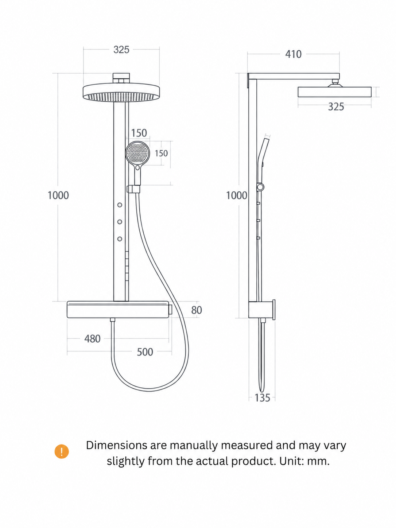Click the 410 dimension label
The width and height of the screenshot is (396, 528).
click(293, 54)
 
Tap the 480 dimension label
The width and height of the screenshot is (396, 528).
click(92, 339)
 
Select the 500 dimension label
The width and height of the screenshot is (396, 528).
click(145, 352)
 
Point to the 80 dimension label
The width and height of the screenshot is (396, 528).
click(197, 310)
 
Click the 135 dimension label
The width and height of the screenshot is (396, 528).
click(262, 397)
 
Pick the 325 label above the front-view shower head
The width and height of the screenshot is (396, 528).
click(121, 50)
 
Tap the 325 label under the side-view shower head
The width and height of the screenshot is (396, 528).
click(336, 106)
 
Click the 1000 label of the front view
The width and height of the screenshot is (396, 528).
click(58, 195)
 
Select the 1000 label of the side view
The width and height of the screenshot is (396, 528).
click(237, 195)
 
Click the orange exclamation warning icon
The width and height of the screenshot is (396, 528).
click(62, 451)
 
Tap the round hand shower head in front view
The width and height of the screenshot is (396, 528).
click(137, 153)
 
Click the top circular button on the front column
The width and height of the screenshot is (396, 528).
click(120, 205)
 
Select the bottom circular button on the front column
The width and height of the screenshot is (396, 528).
click(120, 239)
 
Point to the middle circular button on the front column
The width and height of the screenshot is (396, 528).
click(120, 222)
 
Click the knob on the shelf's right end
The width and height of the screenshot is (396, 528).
click(170, 310)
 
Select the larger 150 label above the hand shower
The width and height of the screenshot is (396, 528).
click(139, 133)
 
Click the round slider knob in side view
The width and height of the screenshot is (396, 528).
click(260, 187)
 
